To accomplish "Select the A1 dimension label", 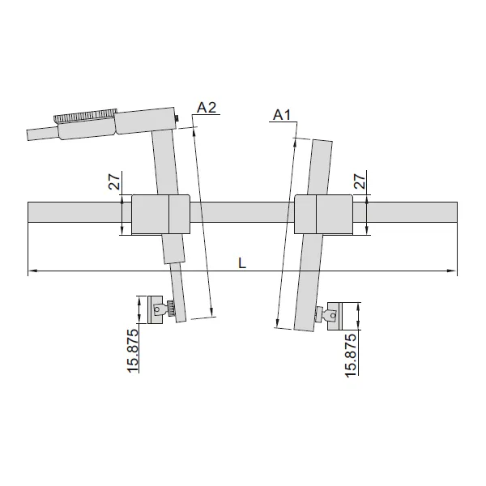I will (281, 115).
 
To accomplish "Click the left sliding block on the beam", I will (160, 215).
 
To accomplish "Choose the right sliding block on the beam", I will (323, 214).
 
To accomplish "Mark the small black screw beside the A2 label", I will (177, 122).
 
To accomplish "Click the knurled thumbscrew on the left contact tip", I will (171, 309).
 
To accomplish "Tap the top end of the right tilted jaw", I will (322, 142).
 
